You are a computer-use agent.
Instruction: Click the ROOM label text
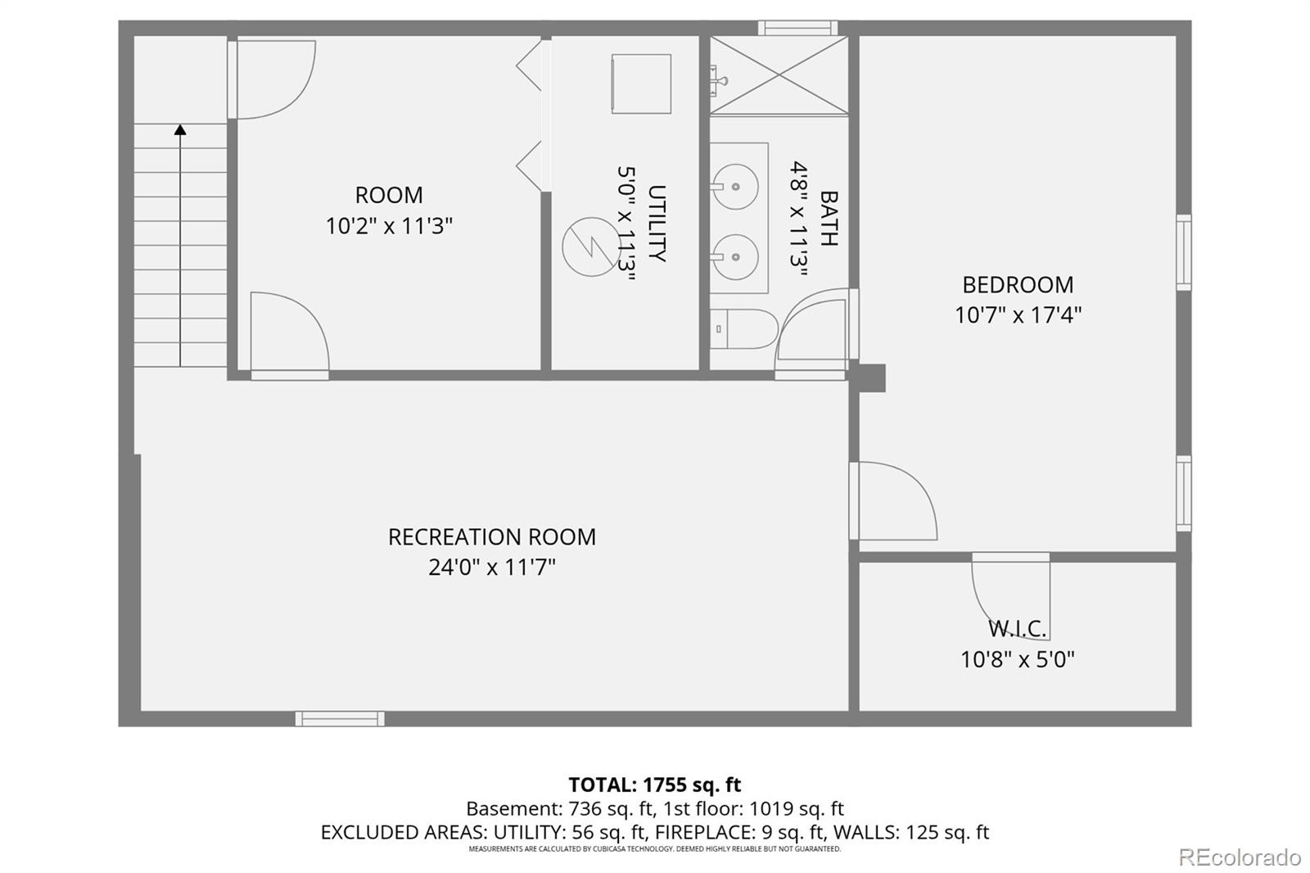point(389,195)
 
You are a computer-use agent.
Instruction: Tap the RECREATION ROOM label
point(491,537)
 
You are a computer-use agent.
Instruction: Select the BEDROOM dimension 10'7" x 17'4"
point(1018,315)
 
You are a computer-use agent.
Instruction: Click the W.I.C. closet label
point(1017,629)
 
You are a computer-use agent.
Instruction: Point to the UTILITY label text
point(657,224)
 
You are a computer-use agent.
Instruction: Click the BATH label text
point(829,219)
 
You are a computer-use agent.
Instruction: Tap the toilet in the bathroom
point(743,329)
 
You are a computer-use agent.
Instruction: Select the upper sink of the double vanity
point(734,187)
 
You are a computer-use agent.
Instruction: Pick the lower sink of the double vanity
point(734,257)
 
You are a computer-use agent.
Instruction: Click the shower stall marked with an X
point(779,75)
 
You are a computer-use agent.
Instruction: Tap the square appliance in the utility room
point(641,84)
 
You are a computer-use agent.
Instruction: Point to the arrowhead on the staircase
point(180,129)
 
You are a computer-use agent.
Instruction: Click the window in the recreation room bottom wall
point(340,719)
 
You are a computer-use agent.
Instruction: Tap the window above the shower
point(797,28)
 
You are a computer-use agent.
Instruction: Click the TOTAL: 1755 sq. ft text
point(654,785)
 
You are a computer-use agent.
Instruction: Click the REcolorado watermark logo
point(1239,857)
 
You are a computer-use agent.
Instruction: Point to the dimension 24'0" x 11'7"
point(491,568)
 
